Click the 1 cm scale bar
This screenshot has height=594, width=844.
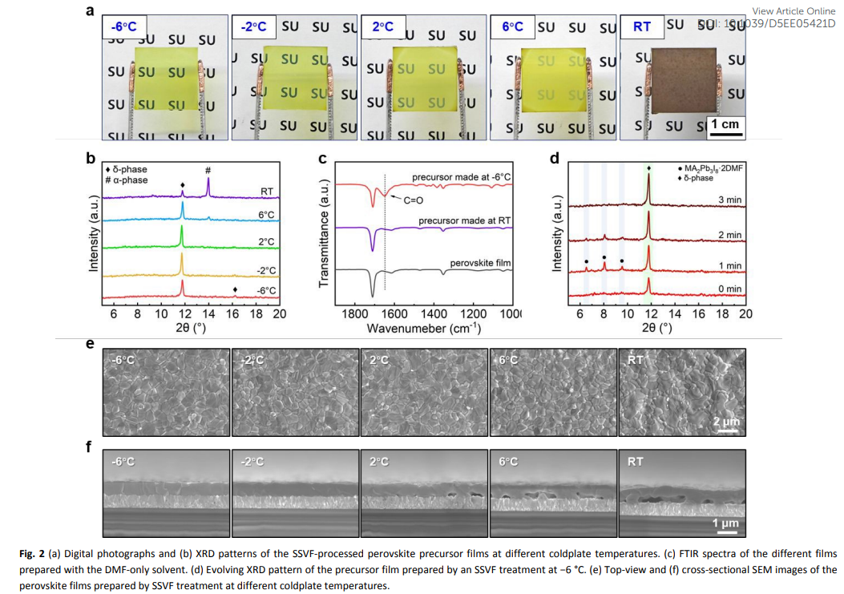point(725,124)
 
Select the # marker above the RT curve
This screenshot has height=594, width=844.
point(208,170)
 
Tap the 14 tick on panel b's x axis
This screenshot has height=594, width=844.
point(208,314)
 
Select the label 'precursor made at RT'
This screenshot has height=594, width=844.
point(462,220)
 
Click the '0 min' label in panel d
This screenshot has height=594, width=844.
point(729,289)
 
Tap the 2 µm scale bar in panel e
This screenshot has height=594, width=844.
point(726,422)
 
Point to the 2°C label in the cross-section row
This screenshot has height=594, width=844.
point(379,462)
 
